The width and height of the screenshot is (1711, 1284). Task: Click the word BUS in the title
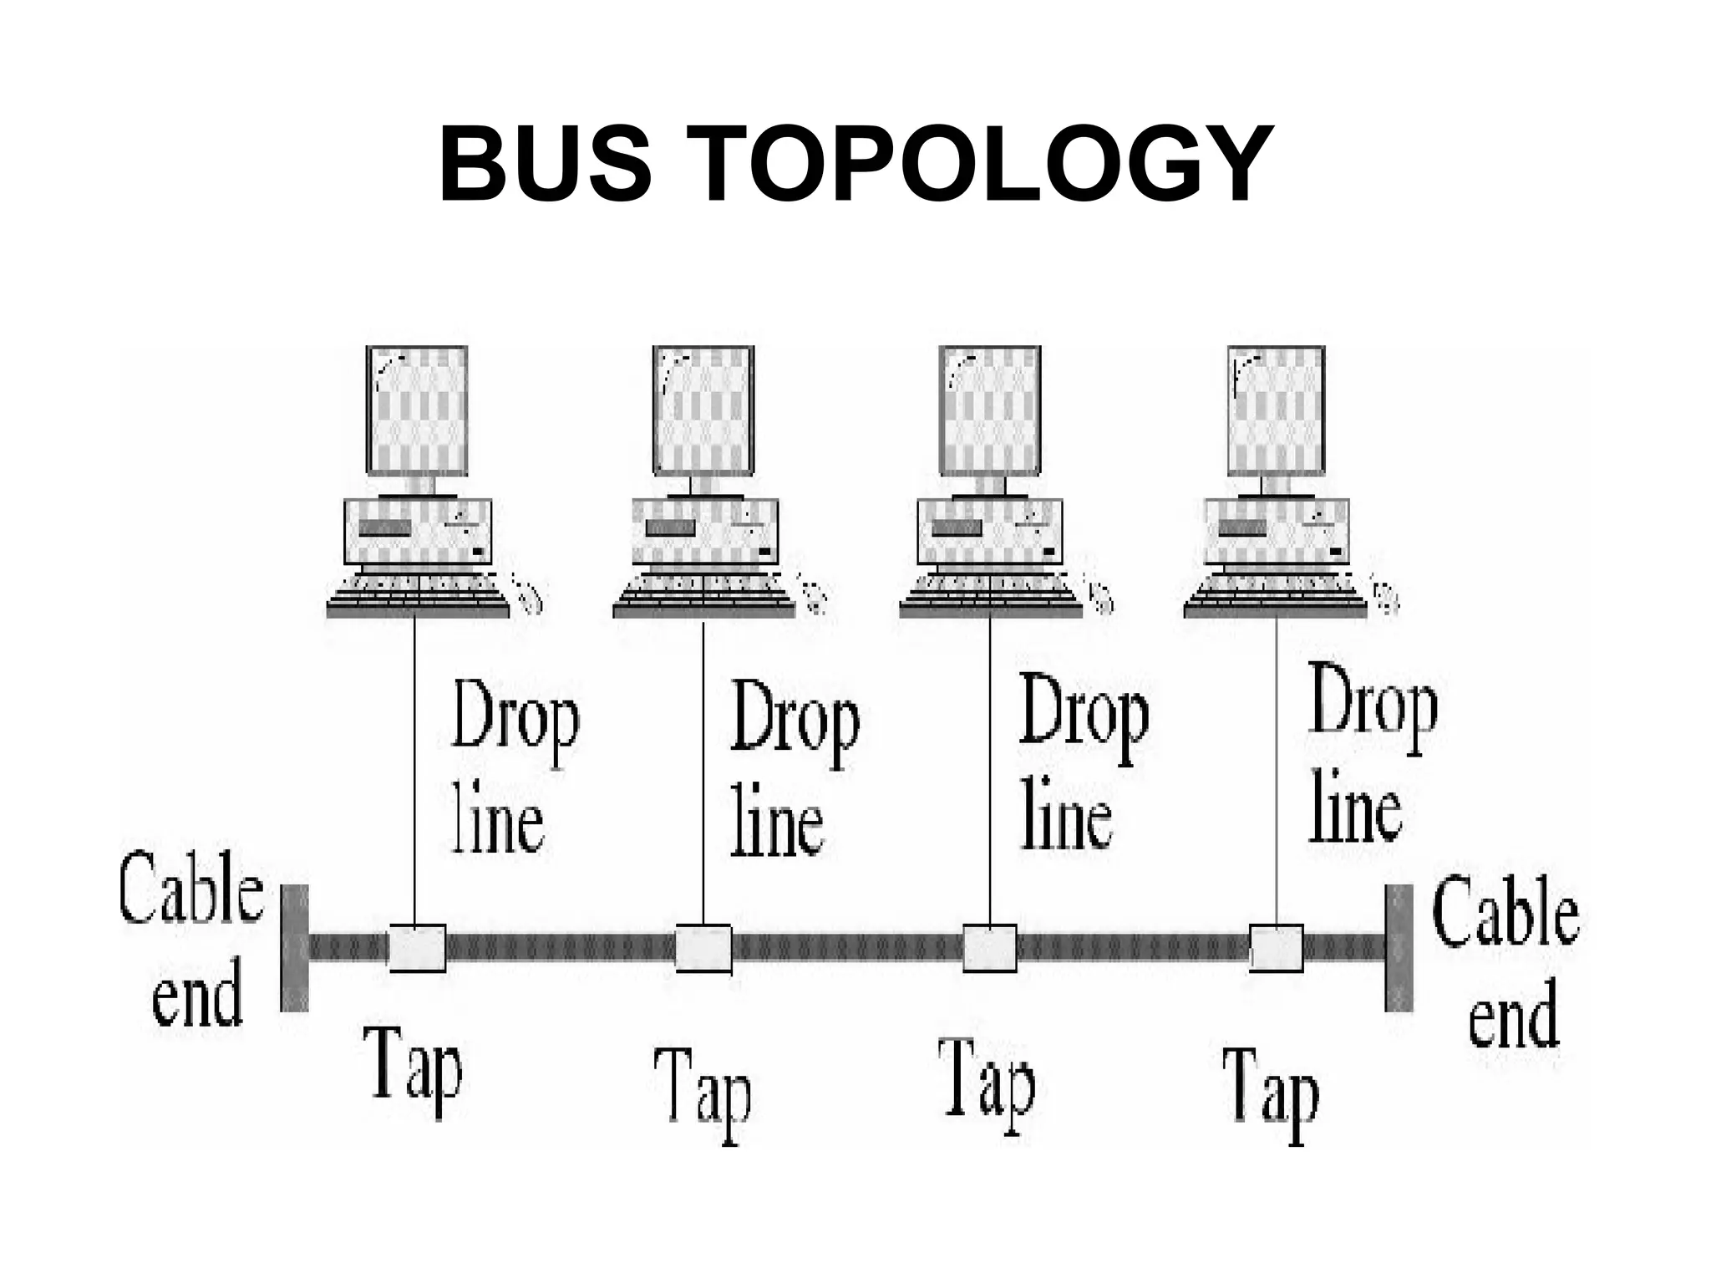545,164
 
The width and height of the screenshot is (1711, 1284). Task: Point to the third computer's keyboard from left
990,595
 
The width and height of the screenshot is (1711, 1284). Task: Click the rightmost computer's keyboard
1276,595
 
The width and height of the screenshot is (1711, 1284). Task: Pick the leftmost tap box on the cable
417,948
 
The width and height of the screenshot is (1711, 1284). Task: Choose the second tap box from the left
703,948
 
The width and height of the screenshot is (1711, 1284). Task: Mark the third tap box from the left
990,948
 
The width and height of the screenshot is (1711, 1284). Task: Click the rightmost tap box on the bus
1277,948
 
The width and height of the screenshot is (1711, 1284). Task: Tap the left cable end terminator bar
294,948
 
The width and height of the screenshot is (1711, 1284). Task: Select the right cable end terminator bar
1399,948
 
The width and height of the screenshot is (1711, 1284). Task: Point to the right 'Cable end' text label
1506,961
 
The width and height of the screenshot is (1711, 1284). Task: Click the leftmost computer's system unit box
418,532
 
